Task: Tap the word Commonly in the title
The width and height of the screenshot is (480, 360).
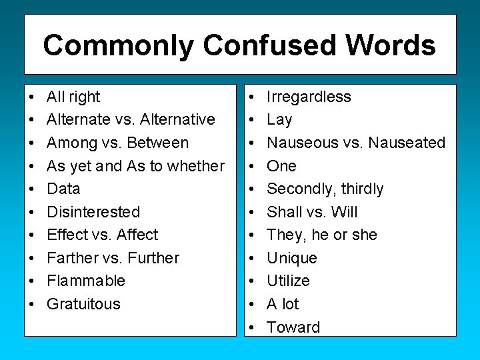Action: point(119,45)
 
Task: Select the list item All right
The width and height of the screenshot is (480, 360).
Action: point(73,97)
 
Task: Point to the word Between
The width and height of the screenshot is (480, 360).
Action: point(157,143)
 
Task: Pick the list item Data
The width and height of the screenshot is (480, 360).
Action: point(63,189)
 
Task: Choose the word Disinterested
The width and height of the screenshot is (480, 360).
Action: point(93,212)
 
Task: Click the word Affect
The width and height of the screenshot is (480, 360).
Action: point(137,235)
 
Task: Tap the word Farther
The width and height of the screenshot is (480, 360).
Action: point(73,258)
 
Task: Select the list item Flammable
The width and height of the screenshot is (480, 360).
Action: point(86,281)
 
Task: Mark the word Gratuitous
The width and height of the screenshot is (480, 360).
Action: point(83,304)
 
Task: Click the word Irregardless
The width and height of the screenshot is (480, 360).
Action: point(309,97)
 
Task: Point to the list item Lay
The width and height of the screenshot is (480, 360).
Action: point(279,120)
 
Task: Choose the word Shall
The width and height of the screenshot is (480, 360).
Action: point(285,212)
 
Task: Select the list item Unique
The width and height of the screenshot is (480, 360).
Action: point(292,258)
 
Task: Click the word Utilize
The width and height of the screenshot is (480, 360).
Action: point(288,281)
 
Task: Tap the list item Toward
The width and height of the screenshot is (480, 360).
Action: point(293,327)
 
